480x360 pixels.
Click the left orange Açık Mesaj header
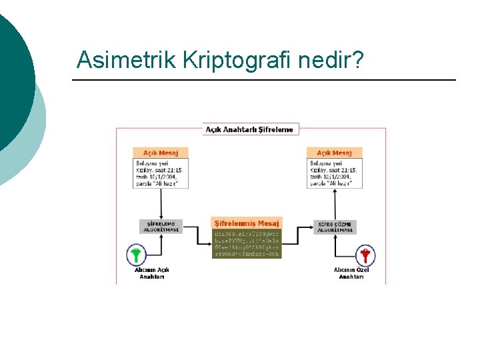pos(160,153)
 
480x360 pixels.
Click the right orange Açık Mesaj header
pos(334,153)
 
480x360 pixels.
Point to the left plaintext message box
pos(160,173)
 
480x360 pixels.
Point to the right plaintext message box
pos(334,173)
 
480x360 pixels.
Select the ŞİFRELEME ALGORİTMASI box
pos(160,227)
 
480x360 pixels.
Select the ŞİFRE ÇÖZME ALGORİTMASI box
pos(335,227)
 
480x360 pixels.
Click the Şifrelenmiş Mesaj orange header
pos(247,223)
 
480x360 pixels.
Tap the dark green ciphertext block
pos(247,244)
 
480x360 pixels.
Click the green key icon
pos(136,255)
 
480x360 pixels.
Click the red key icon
pos(365,255)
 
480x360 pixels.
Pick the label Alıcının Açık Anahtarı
pos(152,273)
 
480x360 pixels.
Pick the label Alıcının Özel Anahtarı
pos(351,273)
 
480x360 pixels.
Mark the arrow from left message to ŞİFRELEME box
pos(160,204)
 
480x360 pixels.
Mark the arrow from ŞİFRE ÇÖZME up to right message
pos(335,204)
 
